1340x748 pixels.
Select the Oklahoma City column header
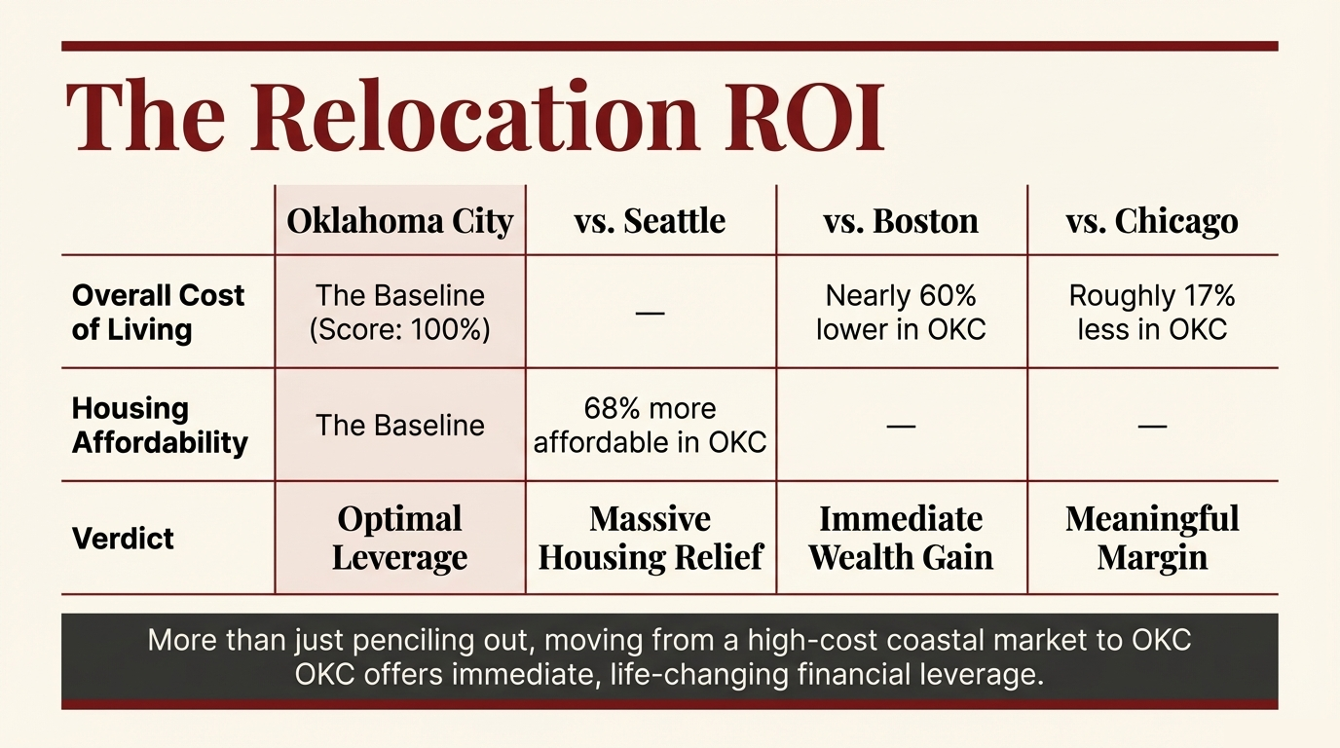[399, 221]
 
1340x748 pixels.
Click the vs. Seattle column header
[651, 221]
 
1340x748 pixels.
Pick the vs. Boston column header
[901, 221]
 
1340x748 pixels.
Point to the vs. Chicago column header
[1152, 221]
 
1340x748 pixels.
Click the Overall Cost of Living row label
[158, 312]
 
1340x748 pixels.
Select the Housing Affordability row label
[160, 426]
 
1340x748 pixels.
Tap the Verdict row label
[123, 539]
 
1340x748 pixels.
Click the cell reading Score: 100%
[399, 329]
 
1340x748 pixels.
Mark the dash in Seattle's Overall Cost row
[650, 313]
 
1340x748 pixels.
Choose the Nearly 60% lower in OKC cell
[901, 312]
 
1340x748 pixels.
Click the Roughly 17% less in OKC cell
[1152, 312]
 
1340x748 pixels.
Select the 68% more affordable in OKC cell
[651, 426]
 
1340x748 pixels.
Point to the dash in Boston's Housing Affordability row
[901, 426]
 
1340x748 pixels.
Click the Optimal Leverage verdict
[399, 538]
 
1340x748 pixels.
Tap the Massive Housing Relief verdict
[651, 538]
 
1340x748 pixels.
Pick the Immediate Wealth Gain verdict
[901, 538]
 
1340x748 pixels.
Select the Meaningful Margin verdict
[1152, 538]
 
